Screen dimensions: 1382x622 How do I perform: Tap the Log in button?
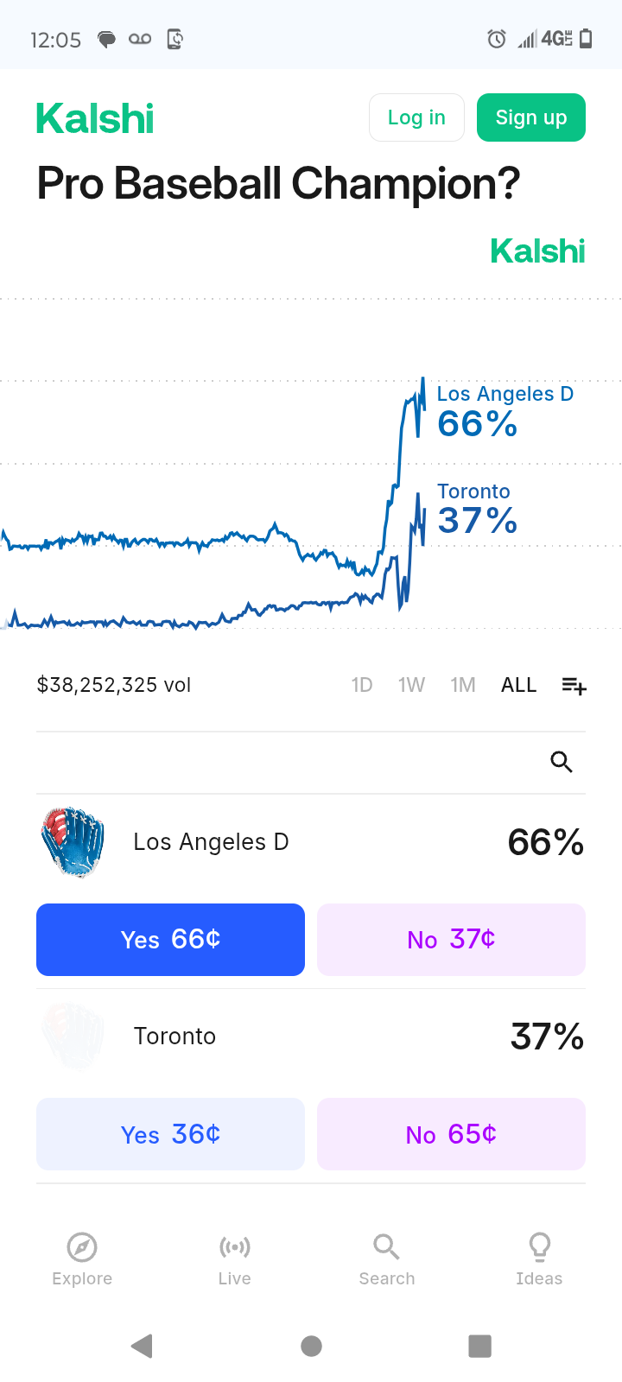coord(416,117)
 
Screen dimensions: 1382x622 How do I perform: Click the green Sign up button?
coord(531,117)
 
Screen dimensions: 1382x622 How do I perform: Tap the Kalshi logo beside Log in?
coord(95,118)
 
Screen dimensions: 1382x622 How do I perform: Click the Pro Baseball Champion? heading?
coord(278,184)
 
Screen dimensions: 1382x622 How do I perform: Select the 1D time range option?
coord(362,685)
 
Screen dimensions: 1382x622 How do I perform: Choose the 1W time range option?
coord(411,685)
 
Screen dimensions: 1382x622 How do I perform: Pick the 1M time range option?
coord(463,685)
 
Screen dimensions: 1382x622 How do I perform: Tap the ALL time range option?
coord(518,685)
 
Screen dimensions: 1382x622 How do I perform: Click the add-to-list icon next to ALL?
coord(574,686)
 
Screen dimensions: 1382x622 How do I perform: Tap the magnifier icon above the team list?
coord(562,762)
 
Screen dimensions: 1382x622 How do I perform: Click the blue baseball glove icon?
coord(73,842)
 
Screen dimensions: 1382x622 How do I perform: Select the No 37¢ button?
coord(451,940)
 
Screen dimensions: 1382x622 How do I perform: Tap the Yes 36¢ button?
coord(170,1134)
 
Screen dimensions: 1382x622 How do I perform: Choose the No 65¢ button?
coord(451,1134)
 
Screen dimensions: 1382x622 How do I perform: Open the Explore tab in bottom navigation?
coord(82,1259)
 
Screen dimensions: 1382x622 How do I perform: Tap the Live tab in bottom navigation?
coord(235,1259)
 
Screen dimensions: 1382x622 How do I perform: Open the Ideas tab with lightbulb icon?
coord(539,1259)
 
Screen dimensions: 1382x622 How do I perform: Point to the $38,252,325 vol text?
coord(114,685)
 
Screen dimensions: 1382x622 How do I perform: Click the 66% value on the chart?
coord(477,424)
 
